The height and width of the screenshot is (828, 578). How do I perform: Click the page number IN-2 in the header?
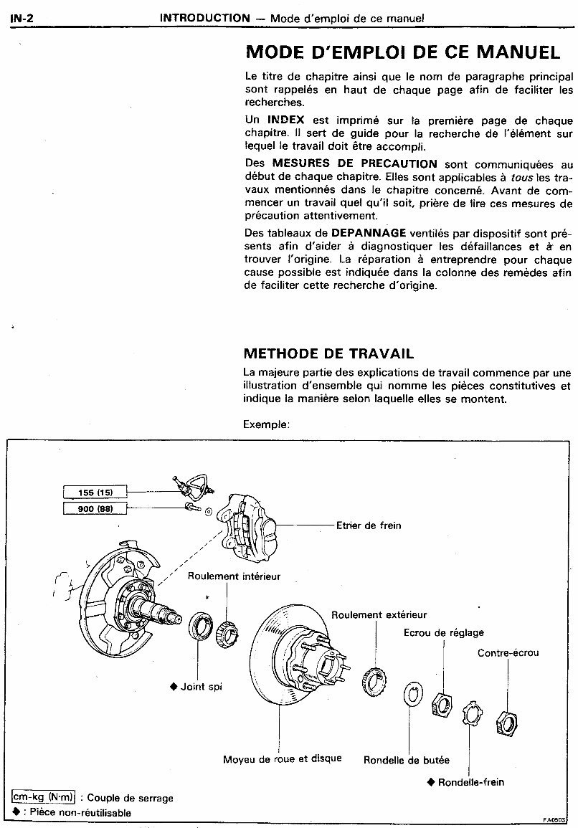[22, 18]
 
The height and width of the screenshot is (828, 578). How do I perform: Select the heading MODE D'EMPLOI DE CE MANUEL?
[402, 52]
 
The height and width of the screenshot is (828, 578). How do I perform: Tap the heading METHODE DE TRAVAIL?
[328, 353]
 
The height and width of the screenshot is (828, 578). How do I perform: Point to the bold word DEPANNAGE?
[369, 233]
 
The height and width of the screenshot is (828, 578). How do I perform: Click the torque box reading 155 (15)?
[94, 492]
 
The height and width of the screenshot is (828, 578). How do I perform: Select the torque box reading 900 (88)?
[94, 508]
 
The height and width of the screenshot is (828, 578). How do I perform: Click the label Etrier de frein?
[369, 525]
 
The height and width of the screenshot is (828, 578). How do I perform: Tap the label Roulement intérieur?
[234, 576]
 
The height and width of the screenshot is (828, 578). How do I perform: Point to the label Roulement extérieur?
[379, 614]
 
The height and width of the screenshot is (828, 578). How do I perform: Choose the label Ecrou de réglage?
[443, 632]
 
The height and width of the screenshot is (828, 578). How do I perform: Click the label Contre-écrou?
[508, 653]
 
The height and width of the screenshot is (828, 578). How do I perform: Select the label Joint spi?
[200, 687]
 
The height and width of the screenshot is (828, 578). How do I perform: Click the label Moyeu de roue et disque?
[282, 758]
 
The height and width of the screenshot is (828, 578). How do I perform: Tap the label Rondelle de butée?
[407, 760]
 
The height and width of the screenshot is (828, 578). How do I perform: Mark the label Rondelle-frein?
[470, 781]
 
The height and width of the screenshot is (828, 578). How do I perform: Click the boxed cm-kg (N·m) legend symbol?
[44, 797]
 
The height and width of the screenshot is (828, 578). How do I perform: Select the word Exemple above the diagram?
[266, 424]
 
